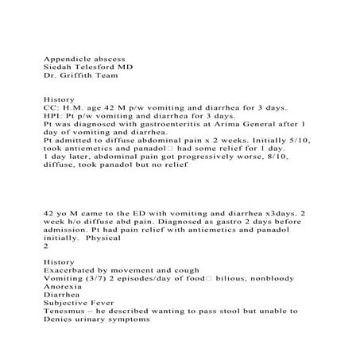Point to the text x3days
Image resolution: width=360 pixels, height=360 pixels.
[282, 216]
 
